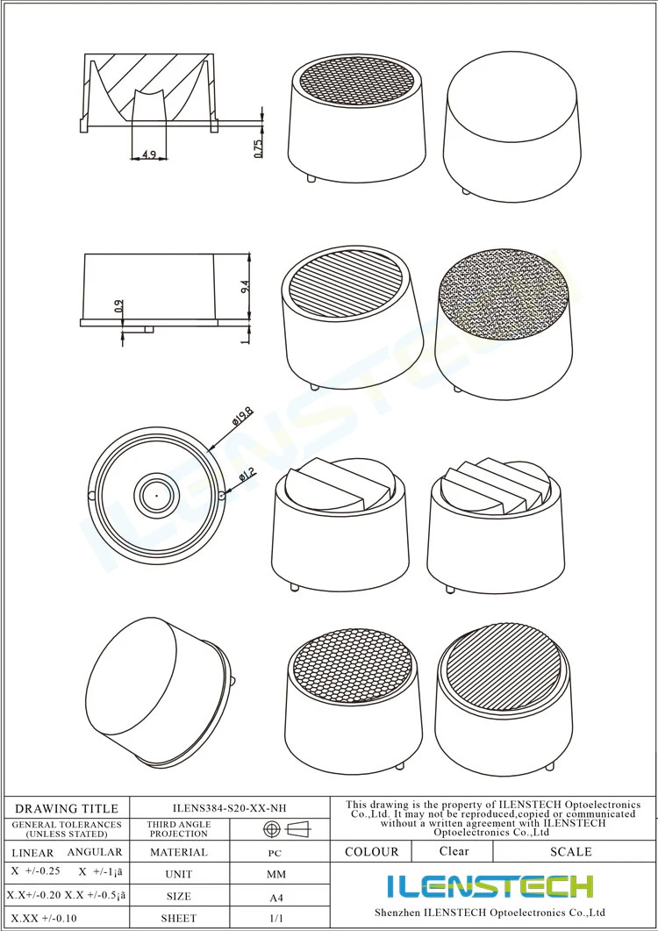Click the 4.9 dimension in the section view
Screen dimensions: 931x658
point(148,155)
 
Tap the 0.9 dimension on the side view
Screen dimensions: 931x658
point(119,306)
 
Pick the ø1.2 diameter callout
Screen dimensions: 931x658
point(247,475)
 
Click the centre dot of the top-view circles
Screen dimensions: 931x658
point(156,494)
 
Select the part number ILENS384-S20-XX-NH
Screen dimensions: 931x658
point(229,808)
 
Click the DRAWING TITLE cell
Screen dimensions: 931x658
point(67,808)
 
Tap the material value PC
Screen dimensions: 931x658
point(275,852)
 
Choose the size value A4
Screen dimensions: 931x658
point(275,897)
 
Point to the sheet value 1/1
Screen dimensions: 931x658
point(275,919)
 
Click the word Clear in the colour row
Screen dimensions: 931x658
point(454,851)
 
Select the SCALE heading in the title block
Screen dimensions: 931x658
point(570,851)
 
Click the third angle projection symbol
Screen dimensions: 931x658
point(287,829)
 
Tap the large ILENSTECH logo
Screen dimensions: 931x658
point(490,886)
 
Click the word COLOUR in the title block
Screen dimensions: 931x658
point(371,851)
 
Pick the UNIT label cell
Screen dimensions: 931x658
point(179,874)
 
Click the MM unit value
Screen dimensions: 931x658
point(275,874)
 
